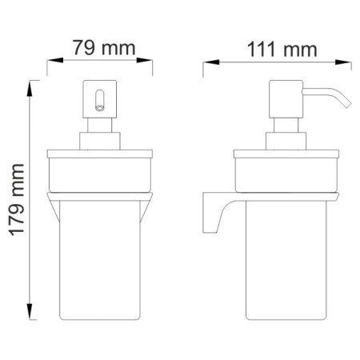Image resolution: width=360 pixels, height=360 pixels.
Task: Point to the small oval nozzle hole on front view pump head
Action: (100, 100)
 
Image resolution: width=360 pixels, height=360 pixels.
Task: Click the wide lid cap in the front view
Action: (100, 170)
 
